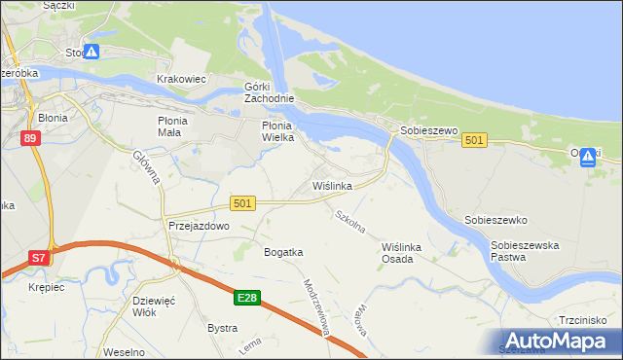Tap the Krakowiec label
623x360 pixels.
182,79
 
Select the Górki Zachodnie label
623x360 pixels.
270,92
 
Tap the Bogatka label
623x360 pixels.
283,252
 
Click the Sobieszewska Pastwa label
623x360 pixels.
525,251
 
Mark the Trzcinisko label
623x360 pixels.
584,320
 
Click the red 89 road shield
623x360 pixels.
30,139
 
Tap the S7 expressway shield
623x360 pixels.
38,258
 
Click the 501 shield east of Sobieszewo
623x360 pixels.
474,141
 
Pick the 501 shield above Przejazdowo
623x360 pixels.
243,202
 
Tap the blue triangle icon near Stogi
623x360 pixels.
90,52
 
